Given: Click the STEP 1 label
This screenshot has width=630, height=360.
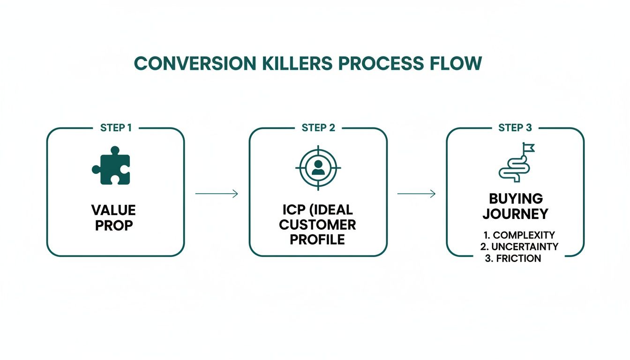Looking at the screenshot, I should pos(116,128).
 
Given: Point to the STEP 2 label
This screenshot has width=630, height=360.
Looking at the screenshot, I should pos(318,128).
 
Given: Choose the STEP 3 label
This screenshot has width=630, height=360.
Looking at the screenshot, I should pos(515,128).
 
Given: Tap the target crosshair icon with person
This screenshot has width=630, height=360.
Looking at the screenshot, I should pos(318,167).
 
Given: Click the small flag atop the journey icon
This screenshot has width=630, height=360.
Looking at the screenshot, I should pos(529,148).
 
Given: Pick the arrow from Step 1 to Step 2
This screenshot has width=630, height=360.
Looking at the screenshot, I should pos(217,194).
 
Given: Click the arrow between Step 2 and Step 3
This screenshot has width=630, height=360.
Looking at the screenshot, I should pos(416,194).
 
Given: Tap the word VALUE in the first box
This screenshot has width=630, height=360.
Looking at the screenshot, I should pos(114,210).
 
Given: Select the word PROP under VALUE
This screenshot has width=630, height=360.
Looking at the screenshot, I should pos(114,225).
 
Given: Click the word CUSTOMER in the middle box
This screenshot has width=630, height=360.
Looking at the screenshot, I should pos(317,224).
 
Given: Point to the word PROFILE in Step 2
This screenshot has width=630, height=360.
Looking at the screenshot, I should pos(317,239).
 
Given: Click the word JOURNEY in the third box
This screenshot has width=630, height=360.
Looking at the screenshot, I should pos(515,214).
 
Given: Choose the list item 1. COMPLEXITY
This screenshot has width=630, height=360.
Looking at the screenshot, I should pos(518,235).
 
